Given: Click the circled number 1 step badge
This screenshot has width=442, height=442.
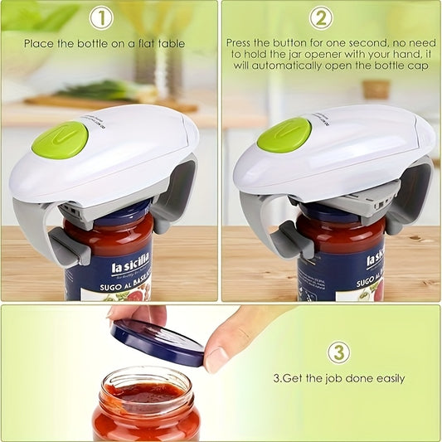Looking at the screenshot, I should [101, 18].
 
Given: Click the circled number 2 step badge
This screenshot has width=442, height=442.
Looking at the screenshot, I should [321, 18].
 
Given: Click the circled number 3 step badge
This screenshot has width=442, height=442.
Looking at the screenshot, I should [338, 352].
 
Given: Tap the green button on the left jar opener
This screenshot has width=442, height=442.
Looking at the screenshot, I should [60, 139].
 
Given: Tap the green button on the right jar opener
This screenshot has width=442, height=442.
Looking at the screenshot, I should [284, 135].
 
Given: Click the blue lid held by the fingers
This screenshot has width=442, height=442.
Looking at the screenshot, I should [158, 342].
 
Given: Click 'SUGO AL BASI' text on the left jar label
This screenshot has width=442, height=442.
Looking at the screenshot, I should [118, 284].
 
